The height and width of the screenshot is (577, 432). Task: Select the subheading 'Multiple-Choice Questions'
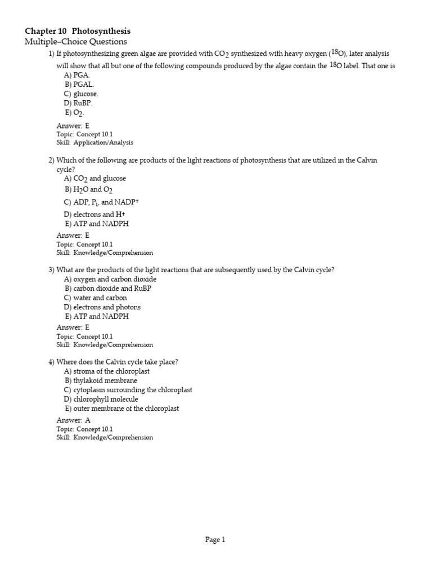pyautogui.click(x=76, y=42)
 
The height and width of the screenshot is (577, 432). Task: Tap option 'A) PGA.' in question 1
pyautogui.click(x=77, y=75)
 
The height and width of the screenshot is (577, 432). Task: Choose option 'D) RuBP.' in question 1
pyautogui.click(x=78, y=103)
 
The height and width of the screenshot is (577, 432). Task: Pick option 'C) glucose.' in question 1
pyautogui.click(x=81, y=94)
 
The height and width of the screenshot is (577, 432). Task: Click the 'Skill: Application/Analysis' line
pyautogui.click(x=94, y=143)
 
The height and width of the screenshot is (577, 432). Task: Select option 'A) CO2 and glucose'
pyautogui.click(x=95, y=179)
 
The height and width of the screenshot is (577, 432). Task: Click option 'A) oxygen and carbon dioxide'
pyautogui.click(x=110, y=279)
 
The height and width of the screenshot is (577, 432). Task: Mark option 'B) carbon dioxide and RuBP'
pyautogui.click(x=108, y=288)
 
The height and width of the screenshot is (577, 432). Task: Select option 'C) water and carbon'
pyautogui.click(x=95, y=298)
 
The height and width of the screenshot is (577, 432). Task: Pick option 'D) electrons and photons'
pyautogui.click(x=102, y=307)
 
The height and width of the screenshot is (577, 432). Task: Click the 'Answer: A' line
pyautogui.click(x=73, y=420)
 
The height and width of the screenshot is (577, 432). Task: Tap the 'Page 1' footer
pyautogui.click(x=215, y=540)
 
